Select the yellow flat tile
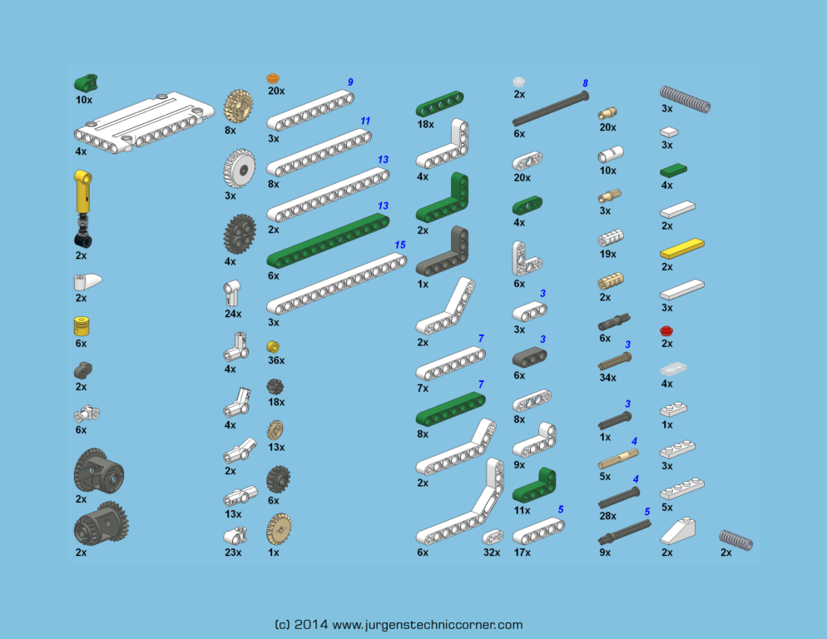(x=682, y=248)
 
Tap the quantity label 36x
(x=275, y=360)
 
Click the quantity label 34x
(x=607, y=377)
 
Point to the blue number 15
(x=399, y=245)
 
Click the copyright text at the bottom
(x=398, y=625)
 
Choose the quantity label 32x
(x=492, y=552)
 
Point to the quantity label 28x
(x=607, y=516)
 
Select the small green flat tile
(x=672, y=170)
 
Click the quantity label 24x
(x=233, y=314)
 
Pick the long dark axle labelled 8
(x=550, y=110)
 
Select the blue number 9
(x=350, y=82)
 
